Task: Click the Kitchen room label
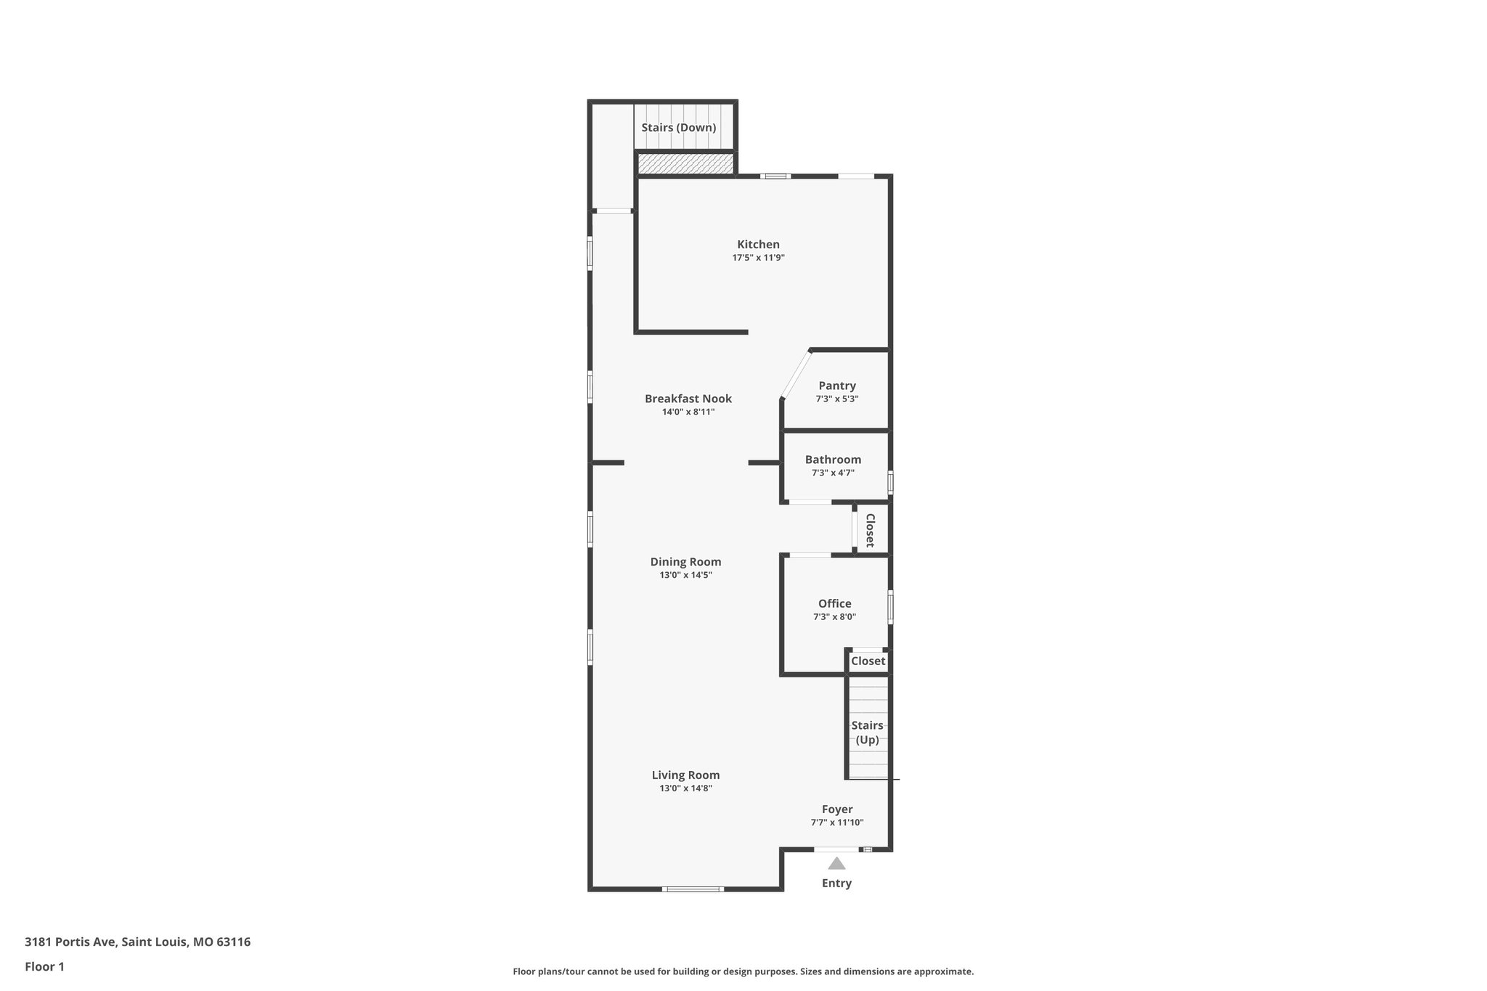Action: click(758, 245)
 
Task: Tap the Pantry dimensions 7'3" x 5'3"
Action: click(837, 399)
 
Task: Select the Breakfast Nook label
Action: click(688, 399)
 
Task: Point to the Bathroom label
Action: click(833, 460)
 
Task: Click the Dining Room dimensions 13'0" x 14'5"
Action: click(685, 575)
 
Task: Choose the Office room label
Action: click(834, 603)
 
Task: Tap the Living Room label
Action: click(685, 775)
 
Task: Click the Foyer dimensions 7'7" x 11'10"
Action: click(837, 823)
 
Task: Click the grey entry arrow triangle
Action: click(837, 863)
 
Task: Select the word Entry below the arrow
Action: click(836, 884)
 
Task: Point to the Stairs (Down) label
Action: click(679, 128)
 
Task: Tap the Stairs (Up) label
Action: click(867, 733)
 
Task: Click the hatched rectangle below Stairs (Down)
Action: click(685, 163)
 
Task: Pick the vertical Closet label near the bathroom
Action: click(870, 530)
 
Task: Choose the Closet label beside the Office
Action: click(868, 661)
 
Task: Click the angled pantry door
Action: click(796, 375)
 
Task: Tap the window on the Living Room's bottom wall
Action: click(693, 889)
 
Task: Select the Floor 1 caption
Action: click(44, 967)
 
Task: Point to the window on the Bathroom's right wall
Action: click(891, 483)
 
